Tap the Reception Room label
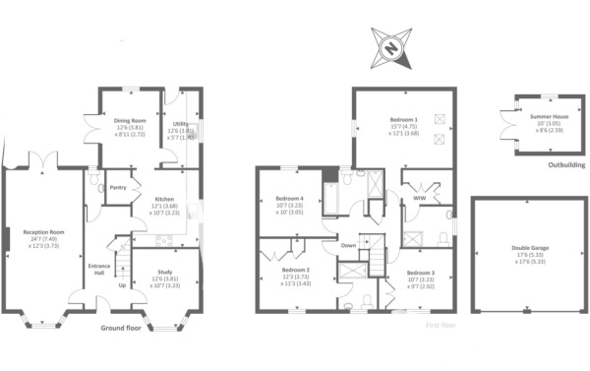(43, 232)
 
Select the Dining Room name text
(130, 120)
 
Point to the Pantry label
(119, 187)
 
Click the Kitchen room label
(165, 199)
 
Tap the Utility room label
(182, 120)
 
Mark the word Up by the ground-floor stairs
(122, 287)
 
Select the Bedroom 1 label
(402, 120)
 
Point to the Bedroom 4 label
(290, 199)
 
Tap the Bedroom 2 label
(296, 270)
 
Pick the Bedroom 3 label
(420, 273)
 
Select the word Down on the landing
(348, 245)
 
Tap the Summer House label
(540, 116)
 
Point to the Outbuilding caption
(566, 165)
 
